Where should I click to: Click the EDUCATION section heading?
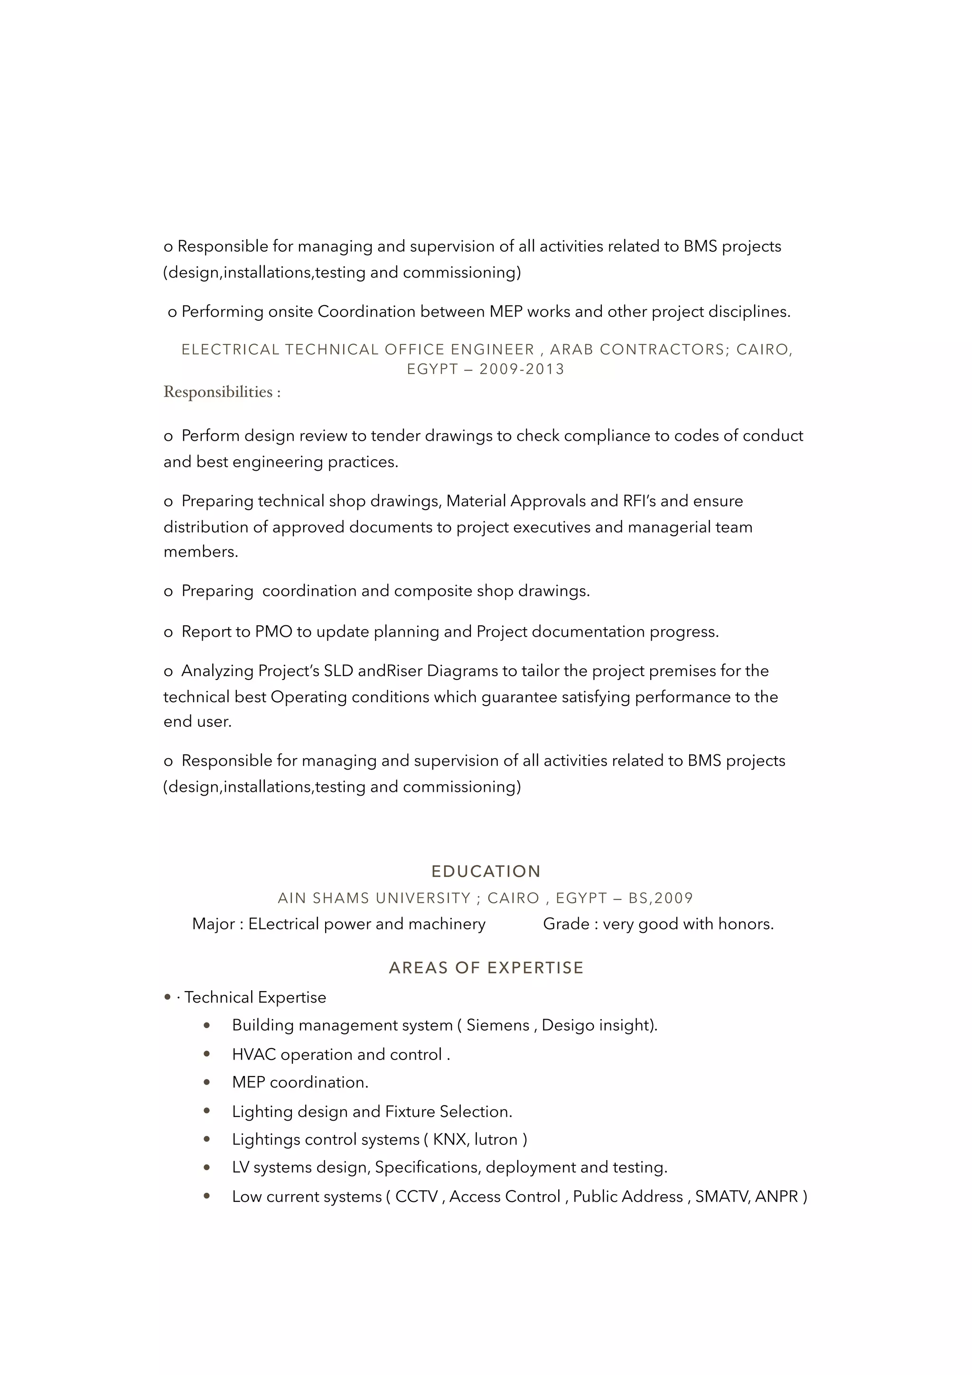point(486,871)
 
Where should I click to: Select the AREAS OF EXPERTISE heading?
point(486,968)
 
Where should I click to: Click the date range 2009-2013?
point(522,369)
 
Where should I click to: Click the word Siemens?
point(498,1025)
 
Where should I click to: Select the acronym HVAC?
point(253,1055)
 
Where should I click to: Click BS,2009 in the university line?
point(661,898)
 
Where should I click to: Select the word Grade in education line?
point(566,924)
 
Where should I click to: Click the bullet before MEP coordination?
point(206,1082)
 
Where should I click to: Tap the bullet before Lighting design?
point(206,1111)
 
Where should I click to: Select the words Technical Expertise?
point(255,997)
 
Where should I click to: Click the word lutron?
point(496,1139)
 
